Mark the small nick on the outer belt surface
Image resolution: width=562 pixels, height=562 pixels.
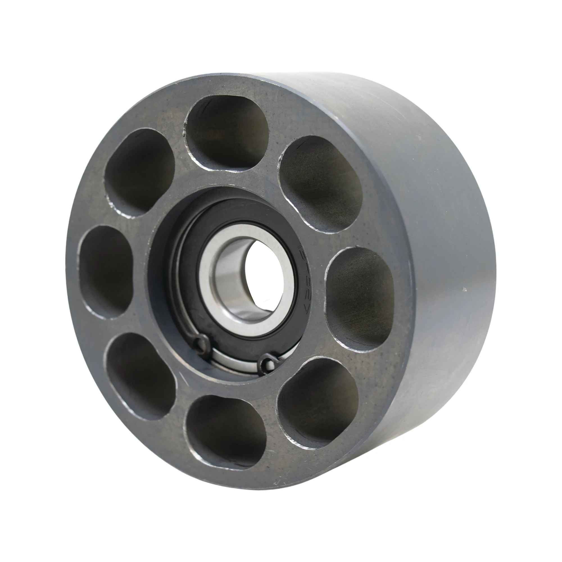click(x=464, y=289)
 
